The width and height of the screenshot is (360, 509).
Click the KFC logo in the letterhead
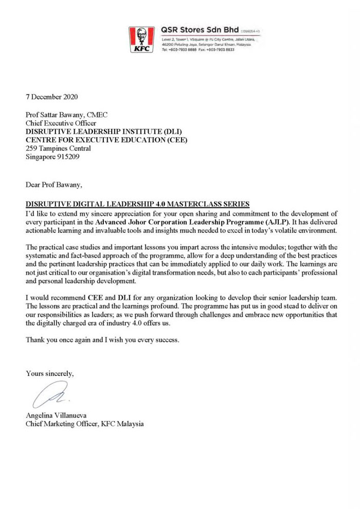point(141,40)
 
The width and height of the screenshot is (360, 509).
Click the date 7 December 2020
point(52,97)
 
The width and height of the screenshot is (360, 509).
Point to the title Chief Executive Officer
point(61,124)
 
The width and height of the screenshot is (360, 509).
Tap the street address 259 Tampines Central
point(59,148)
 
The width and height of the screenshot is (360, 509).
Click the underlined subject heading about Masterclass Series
point(137,204)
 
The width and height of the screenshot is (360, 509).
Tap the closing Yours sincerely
point(50,374)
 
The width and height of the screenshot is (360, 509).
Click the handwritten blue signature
point(49,396)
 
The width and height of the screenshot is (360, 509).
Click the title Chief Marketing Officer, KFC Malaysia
point(85,424)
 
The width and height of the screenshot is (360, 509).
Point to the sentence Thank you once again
point(103,340)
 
